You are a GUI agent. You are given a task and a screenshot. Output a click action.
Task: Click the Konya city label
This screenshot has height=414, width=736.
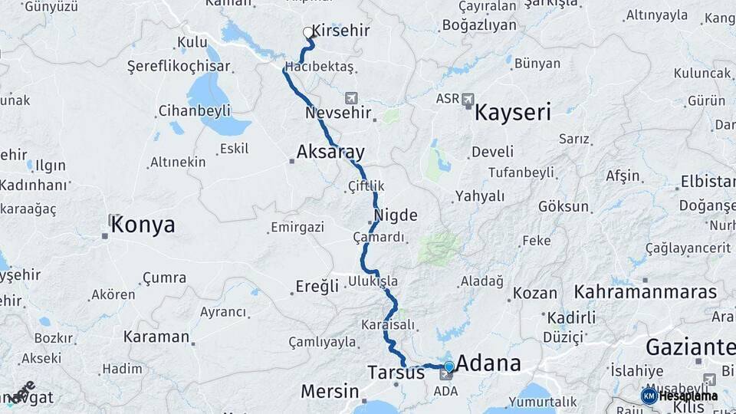(143, 225)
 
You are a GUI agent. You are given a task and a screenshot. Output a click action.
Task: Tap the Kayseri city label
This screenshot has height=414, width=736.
(513, 113)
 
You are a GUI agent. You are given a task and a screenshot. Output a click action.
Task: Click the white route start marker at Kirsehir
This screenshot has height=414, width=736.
(307, 32)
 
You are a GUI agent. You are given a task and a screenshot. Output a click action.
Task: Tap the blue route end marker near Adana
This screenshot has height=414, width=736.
(449, 366)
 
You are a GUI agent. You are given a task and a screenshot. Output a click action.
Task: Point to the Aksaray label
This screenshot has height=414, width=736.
(330, 151)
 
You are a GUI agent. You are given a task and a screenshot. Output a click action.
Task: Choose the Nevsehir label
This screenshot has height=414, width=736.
(338, 113)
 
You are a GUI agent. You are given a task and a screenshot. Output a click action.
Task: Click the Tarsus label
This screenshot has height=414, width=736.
(396, 373)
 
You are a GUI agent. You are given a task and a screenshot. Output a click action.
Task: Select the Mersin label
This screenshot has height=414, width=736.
(330, 392)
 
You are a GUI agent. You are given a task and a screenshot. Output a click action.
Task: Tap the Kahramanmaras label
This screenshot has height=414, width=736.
(646, 292)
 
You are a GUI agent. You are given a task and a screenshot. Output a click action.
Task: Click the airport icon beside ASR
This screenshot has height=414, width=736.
(468, 99)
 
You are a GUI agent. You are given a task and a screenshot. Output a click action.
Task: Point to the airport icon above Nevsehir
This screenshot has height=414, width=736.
(351, 97)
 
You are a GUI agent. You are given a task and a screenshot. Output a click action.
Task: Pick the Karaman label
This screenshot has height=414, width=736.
(156, 337)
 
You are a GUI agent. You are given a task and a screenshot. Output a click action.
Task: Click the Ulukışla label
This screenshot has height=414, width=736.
(373, 281)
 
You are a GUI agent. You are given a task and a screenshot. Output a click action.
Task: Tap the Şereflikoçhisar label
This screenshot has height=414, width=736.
(179, 67)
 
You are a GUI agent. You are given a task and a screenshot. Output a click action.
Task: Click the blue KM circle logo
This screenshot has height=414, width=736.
(649, 396)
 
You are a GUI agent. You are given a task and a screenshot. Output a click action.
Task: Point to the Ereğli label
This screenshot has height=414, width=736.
(317, 287)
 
